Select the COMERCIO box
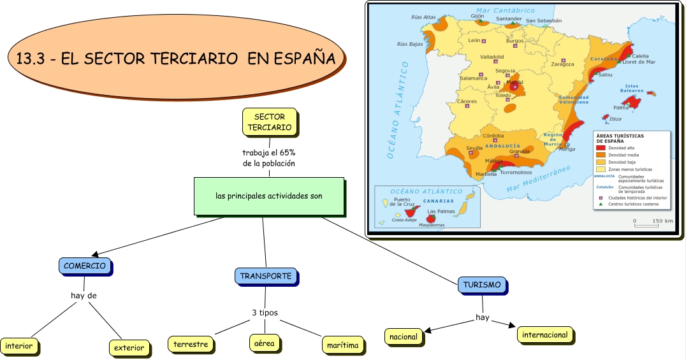(84, 266)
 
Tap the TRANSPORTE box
(265, 276)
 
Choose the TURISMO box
(482, 285)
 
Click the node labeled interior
(18, 347)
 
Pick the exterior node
(129, 348)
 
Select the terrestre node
(191, 345)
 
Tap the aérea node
(264, 343)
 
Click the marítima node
(342, 345)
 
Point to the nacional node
(404, 336)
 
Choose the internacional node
(544, 335)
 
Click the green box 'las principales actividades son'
(268, 196)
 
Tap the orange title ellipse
(175, 59)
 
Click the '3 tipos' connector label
(265, 313)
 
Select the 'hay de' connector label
(84, 296)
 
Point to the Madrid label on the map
(514, 82)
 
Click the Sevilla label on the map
(474, 148)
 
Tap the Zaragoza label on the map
(562, 64)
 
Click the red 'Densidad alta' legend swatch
(600, 148)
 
